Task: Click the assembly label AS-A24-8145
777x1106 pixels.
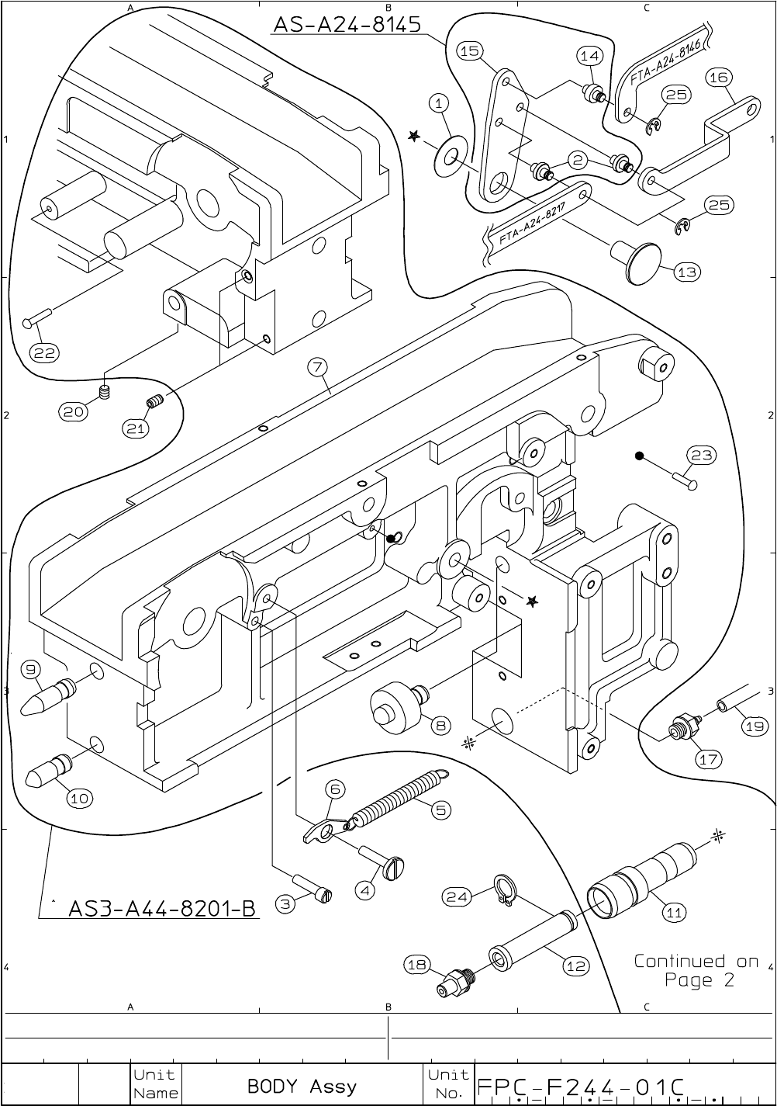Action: pyautogui.click(x=347, y=25)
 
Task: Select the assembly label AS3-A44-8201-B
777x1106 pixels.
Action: pyautogui.click(x=162, y=908)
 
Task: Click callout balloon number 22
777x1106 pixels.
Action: pyautogui.click(x=44, y=352)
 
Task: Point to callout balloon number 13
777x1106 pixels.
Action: pyautogui.click(x=687, y=272)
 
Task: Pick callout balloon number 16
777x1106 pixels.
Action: pyautogui.click(x=718, y=77)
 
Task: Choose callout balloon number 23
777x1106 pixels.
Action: pyautogui.click(x=701, y=455)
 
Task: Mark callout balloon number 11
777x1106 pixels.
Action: pyautogui.click(x=675, y=912)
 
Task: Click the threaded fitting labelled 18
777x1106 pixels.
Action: pyautogui.click(x=455, y=981)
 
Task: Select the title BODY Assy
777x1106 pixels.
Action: pyautogui.click(x=302, y=1086)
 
